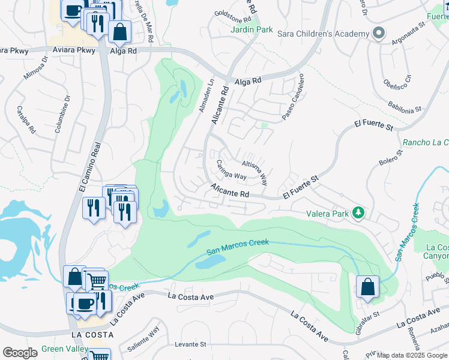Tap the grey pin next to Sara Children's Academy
click(x=378, y=34)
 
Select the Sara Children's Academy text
click(x=323, y=34)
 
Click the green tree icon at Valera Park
click(x=358, y=212)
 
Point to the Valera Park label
click(x=328, y=212)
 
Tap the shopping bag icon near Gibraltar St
click(x=367, y=287)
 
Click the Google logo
click(x=20, y=353)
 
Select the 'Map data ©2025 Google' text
click(x=411, y=355)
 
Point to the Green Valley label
click(x=64, y=349)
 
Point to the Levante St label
click(x=190, y=344)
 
